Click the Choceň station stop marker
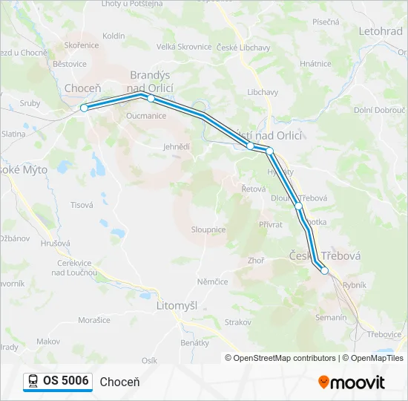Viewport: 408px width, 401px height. click(84, 108)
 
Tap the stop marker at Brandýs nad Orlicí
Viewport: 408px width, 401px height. click(151, 98)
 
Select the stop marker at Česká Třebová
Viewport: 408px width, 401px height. click(324, 271)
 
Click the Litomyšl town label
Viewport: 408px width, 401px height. click(177, 305)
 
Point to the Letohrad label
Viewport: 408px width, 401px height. click(381, 32)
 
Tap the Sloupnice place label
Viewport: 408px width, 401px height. click(208, 230)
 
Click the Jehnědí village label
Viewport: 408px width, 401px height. click(177, 147)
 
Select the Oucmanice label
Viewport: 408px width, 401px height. click(146, 116)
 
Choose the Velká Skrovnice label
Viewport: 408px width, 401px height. click(184, 47)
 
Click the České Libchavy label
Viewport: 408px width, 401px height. click(244, 48)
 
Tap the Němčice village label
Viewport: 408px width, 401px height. click(212, 281)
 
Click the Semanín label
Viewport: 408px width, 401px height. click(331, 317)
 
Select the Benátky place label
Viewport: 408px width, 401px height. click(195, 343)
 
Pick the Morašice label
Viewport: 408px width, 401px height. click(94, 320)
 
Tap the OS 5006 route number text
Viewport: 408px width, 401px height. click(65, 381)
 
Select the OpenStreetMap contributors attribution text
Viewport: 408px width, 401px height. click(284, 358)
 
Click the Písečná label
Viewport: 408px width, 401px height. click(326, 22)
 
